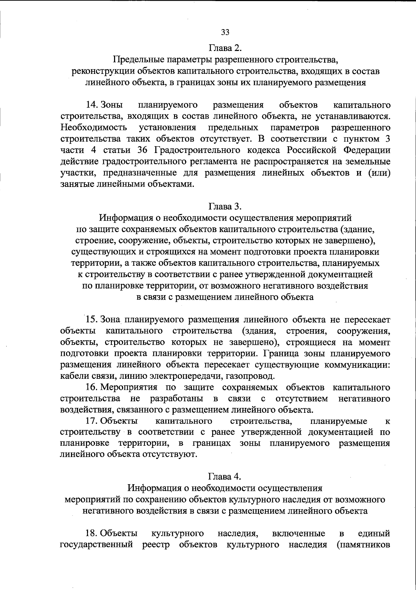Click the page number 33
point(225,32)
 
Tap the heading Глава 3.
point(225,206)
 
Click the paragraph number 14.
point(92,105)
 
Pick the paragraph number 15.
point(92,319)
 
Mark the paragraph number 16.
point(92,387)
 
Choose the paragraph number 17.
point(92,421)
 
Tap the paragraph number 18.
point(92,533)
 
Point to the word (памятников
point(363,545)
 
